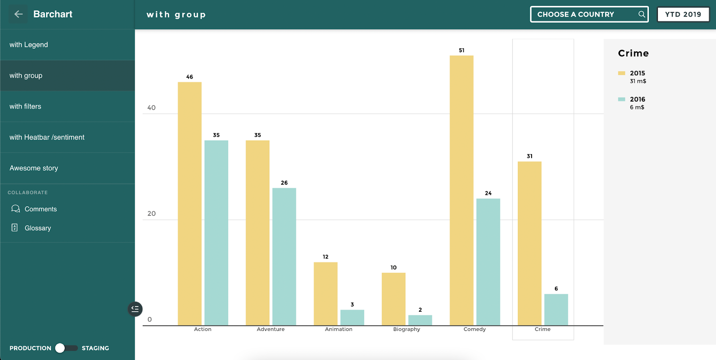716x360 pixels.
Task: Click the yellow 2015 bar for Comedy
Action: (461, 190)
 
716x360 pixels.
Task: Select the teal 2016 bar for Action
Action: (216, 233)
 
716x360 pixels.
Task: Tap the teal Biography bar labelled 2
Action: (420, 320)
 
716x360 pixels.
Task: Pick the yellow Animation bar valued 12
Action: (325, 293)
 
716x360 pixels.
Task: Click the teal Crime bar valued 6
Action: (556, 309)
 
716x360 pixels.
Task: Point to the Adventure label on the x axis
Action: (270, 329)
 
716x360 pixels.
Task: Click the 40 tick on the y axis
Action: (151, 108)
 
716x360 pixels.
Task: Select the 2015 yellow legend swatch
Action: (622, 73)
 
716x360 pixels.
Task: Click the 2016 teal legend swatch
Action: (622, 99)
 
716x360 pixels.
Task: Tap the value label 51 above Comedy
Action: (461, 51)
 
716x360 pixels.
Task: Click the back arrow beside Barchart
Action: (18, 14)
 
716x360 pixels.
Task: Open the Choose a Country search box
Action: (582, 14)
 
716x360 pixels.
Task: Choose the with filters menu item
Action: (26, 106)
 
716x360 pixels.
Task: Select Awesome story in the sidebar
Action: (34, 168)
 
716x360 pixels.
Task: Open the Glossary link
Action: (38, 228)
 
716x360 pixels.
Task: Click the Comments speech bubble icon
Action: (16, 209)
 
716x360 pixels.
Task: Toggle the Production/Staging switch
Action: (66, 348)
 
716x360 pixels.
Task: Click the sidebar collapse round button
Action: (135, 309)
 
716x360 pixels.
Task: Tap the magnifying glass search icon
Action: (642, 14)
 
